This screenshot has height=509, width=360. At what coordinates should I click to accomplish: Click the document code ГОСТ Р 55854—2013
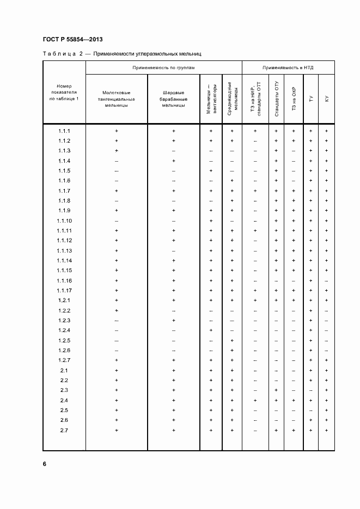pos(72,40)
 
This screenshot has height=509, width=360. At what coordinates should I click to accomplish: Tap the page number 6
pos(45,463)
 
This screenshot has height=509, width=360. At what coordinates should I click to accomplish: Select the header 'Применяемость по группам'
pos(163,68)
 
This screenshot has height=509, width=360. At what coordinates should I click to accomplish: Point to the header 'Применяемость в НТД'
pos(288,68)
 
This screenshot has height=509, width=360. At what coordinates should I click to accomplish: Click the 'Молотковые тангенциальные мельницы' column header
pos(117,99)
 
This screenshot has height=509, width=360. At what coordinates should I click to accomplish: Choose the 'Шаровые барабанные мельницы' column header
pos(174,99)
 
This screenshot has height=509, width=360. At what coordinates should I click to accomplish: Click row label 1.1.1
pos(64,131)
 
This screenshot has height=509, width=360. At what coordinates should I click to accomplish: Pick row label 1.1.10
pos(64,221)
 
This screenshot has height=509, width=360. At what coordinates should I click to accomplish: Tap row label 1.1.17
pos(64,291)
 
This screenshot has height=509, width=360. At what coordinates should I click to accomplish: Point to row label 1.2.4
pos(64,330)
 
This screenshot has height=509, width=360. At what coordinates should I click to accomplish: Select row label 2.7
pos(64,430)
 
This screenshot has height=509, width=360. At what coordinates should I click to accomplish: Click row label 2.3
pos(64,390)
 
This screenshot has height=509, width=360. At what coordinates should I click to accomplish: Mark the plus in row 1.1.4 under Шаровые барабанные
pos(174,161)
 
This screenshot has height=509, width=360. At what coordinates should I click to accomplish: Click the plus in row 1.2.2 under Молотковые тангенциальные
pos(117,310)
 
